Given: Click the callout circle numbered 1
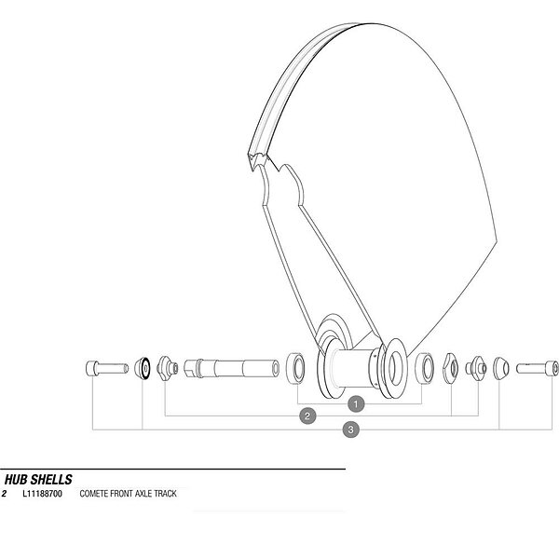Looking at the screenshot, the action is click(356, 404).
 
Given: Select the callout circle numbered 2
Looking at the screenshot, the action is click(307, 416).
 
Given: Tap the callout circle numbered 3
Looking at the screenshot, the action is click(351, 429).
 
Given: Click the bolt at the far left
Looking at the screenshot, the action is click(107, 368).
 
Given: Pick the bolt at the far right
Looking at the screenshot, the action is click(538, 368).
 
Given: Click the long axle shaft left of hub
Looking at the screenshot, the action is click(232, 368).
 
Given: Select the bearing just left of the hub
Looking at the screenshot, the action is click(295, 368).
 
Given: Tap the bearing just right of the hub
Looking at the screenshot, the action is click(425, 368).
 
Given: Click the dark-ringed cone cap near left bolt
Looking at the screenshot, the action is click(143, 368).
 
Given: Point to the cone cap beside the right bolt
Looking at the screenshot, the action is click(501, 368).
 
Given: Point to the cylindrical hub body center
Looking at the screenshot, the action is click(355, 368).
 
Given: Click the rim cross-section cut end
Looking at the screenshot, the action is click(258, 160).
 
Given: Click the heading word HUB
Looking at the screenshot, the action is click(16, 480).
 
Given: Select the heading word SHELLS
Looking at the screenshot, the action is click(51, 480).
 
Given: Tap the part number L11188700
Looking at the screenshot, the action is click(42, 494).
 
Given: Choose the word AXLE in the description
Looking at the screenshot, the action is click(143, 494).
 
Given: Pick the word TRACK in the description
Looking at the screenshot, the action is click(165, 494).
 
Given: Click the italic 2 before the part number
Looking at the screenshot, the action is click(4, 494).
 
